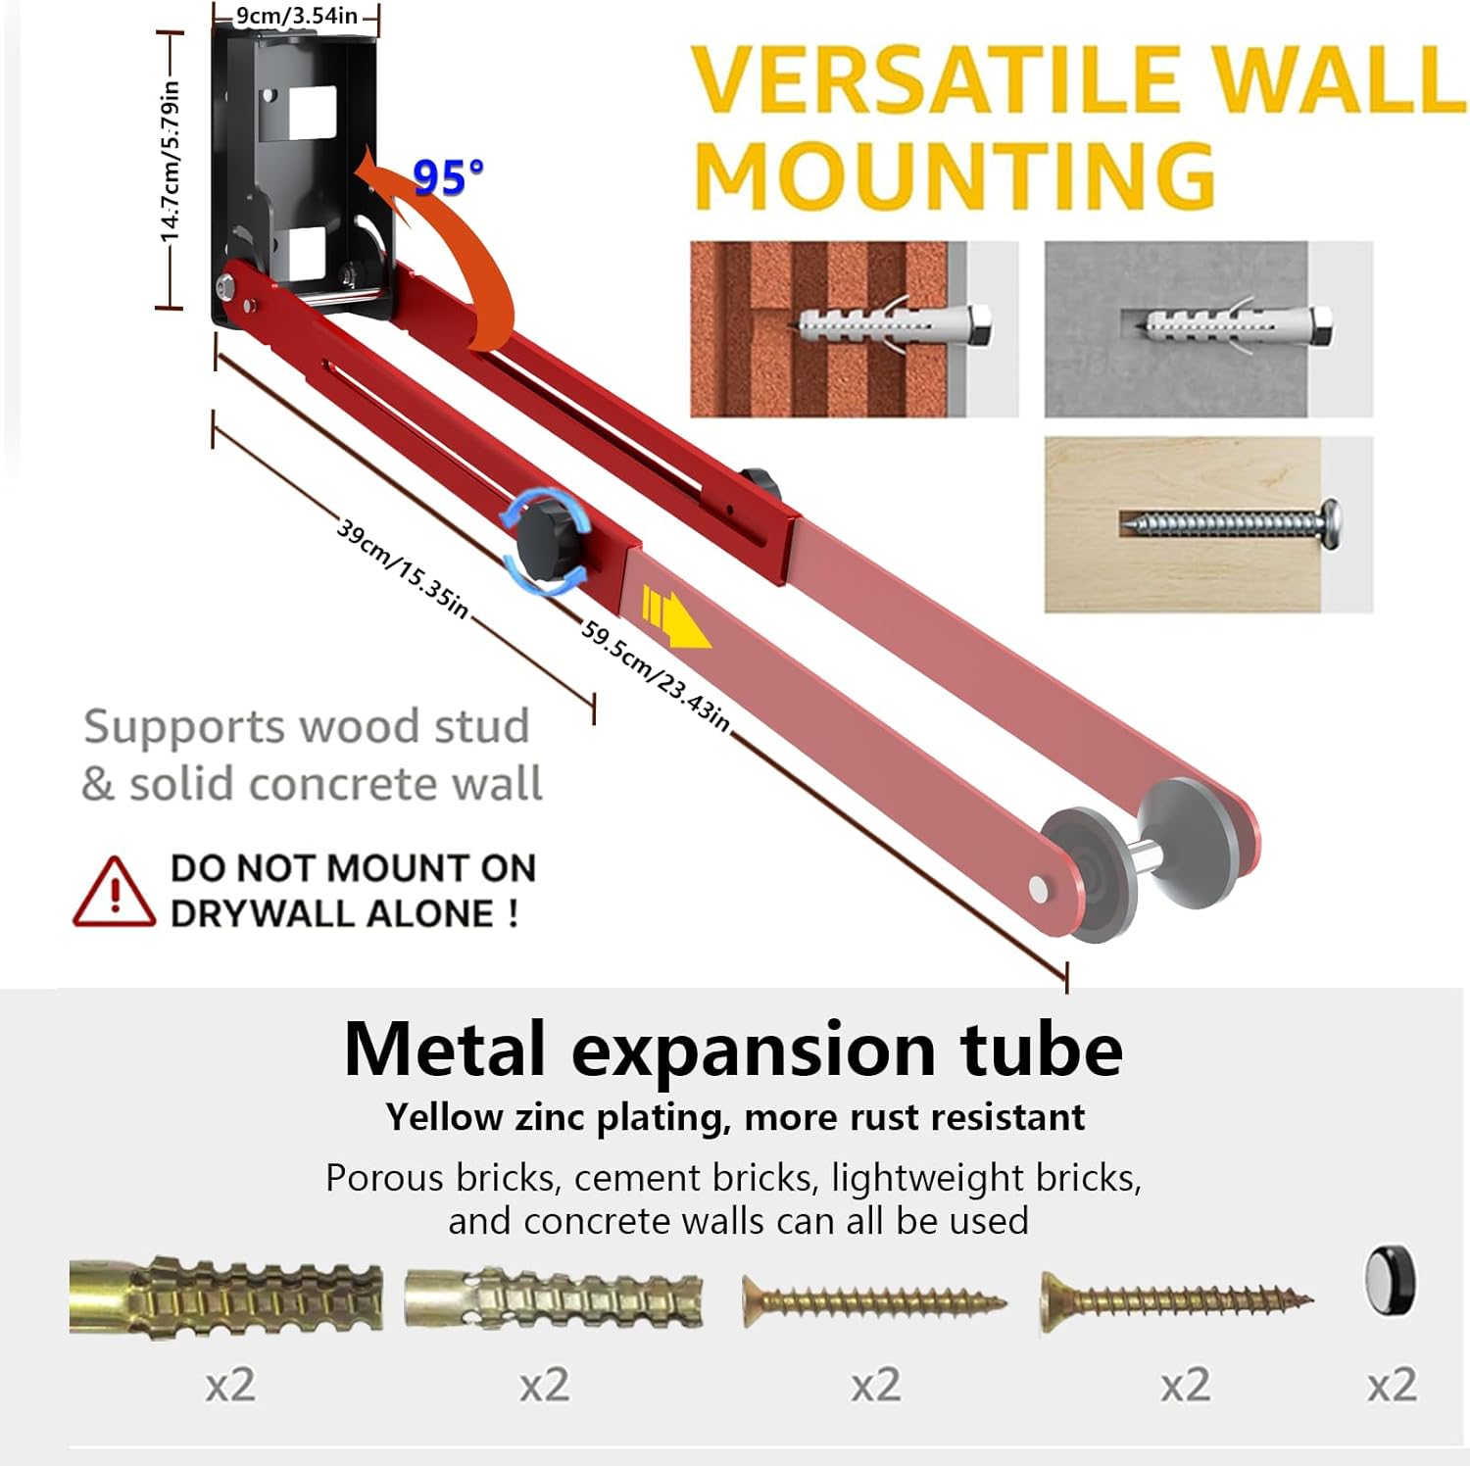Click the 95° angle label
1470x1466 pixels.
[x=447, y=176]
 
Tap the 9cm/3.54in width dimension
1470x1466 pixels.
[x=296, y=16]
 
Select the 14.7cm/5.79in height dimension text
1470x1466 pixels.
[x=171, y=162]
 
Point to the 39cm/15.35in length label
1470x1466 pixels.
[x=403, y=568]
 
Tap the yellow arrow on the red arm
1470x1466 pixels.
[x=675, y=616]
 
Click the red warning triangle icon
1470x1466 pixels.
[x=114, y=893]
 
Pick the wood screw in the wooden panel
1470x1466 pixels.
[x=1231, y=523]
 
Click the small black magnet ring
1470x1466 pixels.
[x=1391, y=1281]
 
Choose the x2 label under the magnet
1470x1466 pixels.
[x=1392, y=1385]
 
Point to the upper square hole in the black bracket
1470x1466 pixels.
[x=312, y=113]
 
